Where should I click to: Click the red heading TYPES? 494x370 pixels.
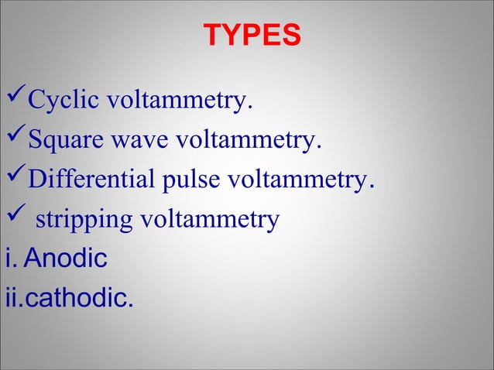pos(252,36)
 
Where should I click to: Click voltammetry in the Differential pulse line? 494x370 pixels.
pos(299,181)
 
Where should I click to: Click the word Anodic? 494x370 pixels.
pos(65,259)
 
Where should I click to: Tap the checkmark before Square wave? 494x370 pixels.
pos(15,140)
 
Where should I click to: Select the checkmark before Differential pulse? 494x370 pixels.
pos(15,180)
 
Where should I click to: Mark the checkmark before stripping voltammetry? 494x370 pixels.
pos(15,219)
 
